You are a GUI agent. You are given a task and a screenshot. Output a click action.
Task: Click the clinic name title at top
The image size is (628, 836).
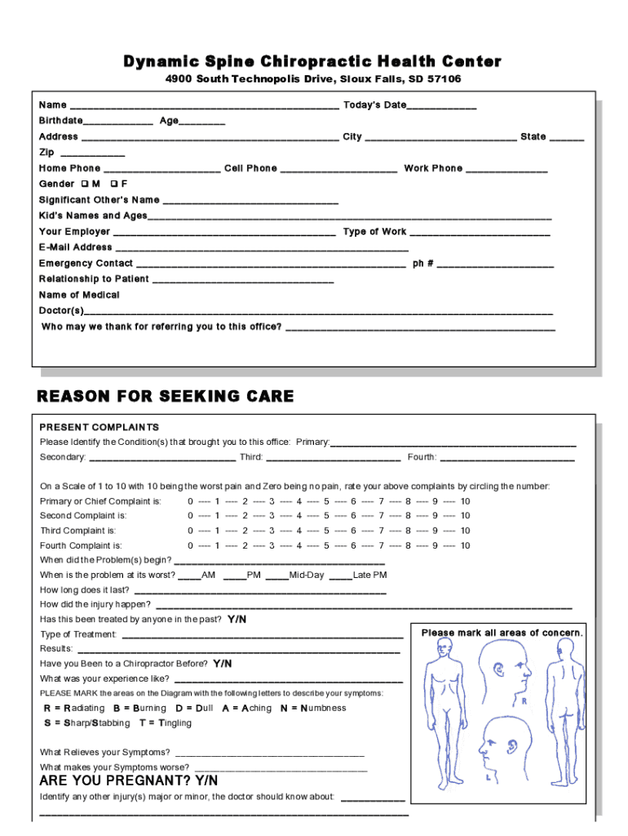(312, 62)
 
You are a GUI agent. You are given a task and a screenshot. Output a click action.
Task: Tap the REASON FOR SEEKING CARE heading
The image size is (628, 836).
(166, 397)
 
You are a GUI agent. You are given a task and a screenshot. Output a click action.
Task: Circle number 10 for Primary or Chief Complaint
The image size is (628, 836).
(465, 501)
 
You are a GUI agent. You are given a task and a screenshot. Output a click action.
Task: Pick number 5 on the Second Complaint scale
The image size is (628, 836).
(326, 516)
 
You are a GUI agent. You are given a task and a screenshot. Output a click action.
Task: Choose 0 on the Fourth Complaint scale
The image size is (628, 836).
(190, 545)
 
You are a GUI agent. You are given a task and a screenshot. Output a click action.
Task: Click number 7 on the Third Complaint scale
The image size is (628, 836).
(381, 531)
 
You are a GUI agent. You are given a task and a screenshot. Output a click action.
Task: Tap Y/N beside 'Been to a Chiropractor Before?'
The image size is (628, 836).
(223, 664)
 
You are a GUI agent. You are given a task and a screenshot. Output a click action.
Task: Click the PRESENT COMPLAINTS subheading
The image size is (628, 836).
(100, 427)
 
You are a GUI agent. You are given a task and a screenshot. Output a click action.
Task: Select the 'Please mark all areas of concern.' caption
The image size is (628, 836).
(502, 634)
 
